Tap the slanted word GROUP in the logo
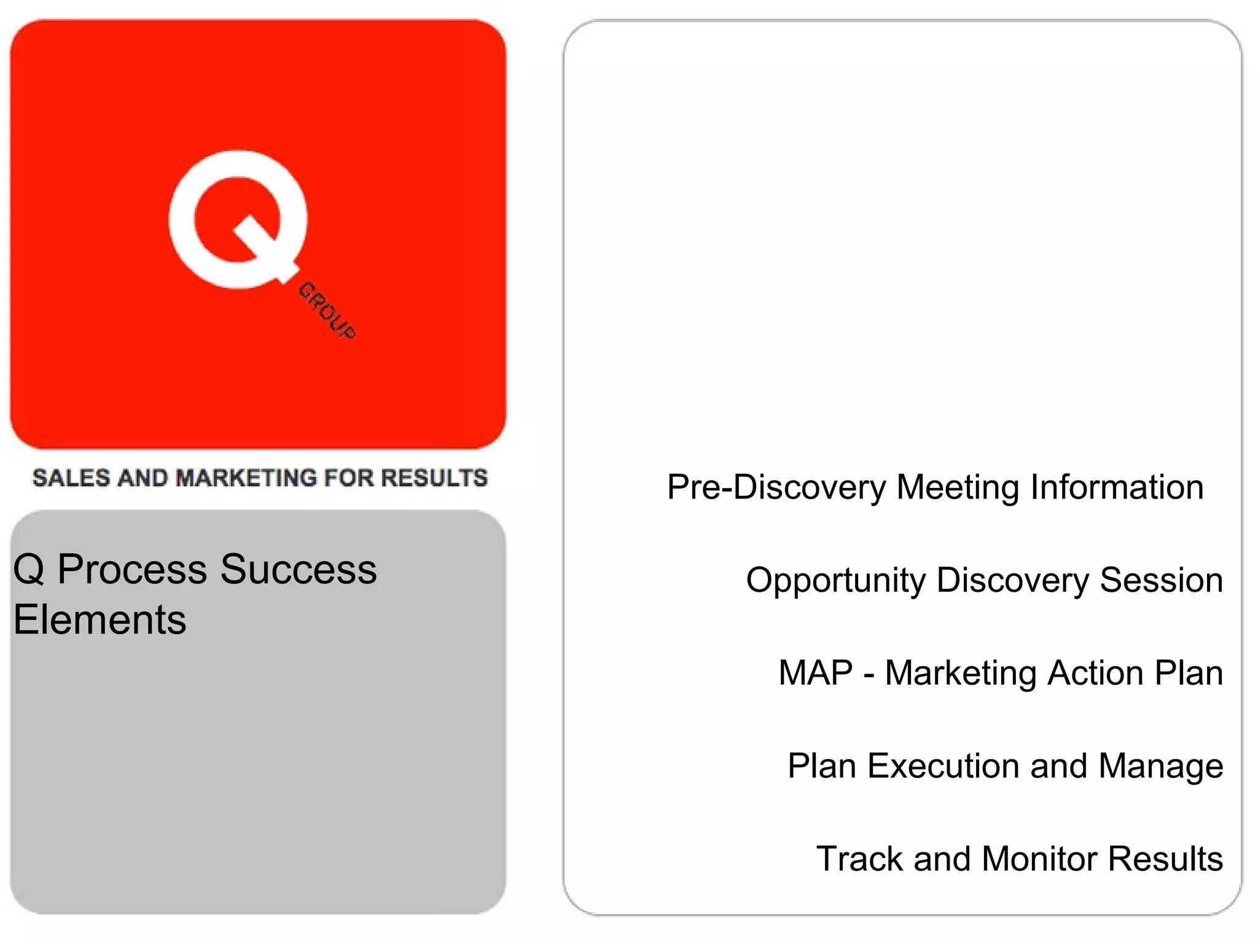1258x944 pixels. (x=327, y=311)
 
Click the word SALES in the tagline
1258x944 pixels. (x=71, y=478)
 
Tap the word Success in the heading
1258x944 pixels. (x=299, y=569)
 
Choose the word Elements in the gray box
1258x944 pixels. (x=100, y=619)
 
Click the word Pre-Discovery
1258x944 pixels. (x=776, y=488)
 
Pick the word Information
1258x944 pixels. (x=1117, y=487)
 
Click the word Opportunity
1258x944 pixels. (x=835, y=581)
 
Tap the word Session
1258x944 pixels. (x=1161, y=580)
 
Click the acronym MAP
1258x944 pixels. (x=816, y=672)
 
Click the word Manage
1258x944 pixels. (x=1160, y=767)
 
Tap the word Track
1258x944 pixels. (x=859, y=859)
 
